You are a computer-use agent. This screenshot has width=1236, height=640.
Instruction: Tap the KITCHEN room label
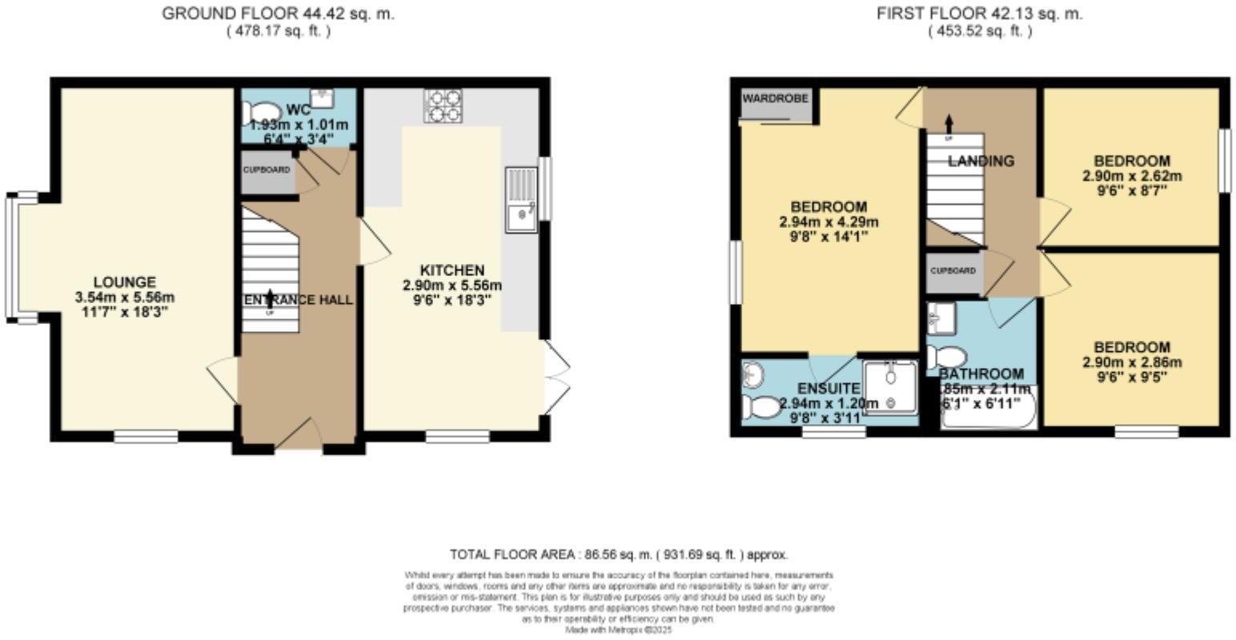(452, 270)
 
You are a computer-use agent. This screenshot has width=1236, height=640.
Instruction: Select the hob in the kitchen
(443, 106)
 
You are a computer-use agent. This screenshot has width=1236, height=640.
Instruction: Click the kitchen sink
(520, 200)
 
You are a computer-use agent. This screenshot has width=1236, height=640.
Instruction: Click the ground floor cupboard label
(267, 170)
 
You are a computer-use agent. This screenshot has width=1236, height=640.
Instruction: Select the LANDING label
(981, 161)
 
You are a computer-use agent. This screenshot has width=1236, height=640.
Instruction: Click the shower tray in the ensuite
(891, 386)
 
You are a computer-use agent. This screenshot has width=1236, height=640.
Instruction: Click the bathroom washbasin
(939, 318)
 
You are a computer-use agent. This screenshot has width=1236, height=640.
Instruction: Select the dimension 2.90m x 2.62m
(1132, 176)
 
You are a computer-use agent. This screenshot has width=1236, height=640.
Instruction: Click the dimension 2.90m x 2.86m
(1132, 362)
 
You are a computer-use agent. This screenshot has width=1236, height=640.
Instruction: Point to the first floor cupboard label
(953, 270)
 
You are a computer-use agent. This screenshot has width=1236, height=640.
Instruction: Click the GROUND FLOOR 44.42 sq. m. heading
(278, 14)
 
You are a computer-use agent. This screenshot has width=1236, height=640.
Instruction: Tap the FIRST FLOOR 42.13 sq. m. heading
(979, 14)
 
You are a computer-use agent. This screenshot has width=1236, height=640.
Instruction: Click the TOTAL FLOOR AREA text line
(619, 554)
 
